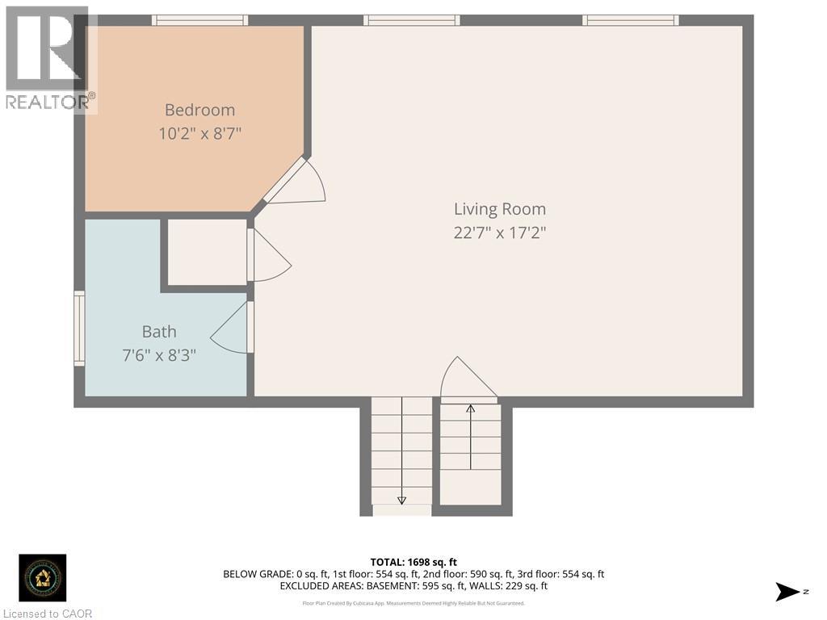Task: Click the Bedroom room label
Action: [199, 110]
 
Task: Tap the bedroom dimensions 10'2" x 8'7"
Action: [199, 132]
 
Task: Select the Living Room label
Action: [499, 209]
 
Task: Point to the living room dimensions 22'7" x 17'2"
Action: [499, 232]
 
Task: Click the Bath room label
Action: [159, 331]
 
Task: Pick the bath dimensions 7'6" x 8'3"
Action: [159, 354]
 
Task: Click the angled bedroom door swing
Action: [296, 182]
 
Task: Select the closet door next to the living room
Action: [270, 256]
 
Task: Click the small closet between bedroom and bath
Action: [207, 252]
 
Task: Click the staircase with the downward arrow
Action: [401, 452]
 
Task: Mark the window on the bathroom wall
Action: [79, 328]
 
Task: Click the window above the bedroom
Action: [199, 20]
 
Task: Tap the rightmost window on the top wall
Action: [630, 20]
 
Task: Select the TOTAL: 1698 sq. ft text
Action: [413, 562]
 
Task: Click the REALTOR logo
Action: [49, 59]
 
